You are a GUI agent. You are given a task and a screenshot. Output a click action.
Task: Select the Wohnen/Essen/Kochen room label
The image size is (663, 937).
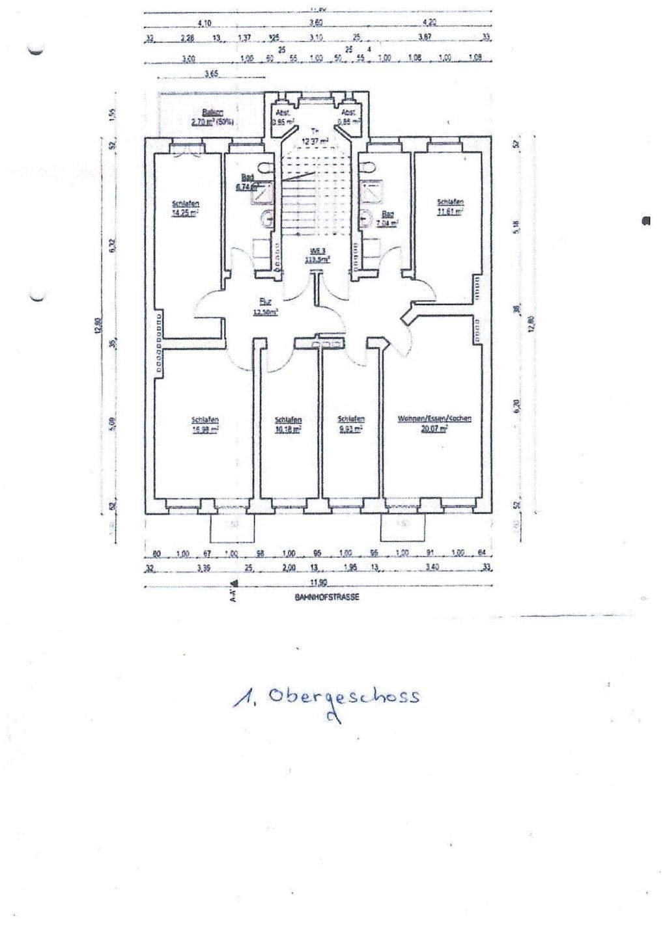tap(434, 419)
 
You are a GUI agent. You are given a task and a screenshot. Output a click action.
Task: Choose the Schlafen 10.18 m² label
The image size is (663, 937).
tap(288, 424)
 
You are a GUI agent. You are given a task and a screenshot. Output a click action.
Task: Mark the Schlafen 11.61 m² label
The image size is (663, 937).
tap(450, 206)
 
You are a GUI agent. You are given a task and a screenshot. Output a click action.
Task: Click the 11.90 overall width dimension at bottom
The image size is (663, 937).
tap(318, 582)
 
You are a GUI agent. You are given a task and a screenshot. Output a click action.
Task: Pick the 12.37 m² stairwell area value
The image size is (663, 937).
tap(314, 140)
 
